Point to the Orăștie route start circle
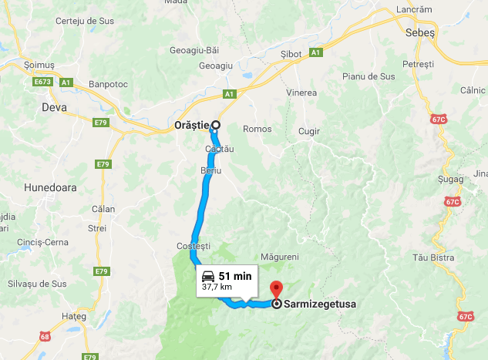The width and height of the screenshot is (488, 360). [216, 125]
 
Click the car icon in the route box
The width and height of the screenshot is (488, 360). [207, 276]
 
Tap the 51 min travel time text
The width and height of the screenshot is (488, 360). [235, 276]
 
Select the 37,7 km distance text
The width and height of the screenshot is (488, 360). [216, 287]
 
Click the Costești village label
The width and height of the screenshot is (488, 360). [194, 244]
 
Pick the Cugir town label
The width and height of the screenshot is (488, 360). [308, 131]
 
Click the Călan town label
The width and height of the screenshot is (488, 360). [103, 209]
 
